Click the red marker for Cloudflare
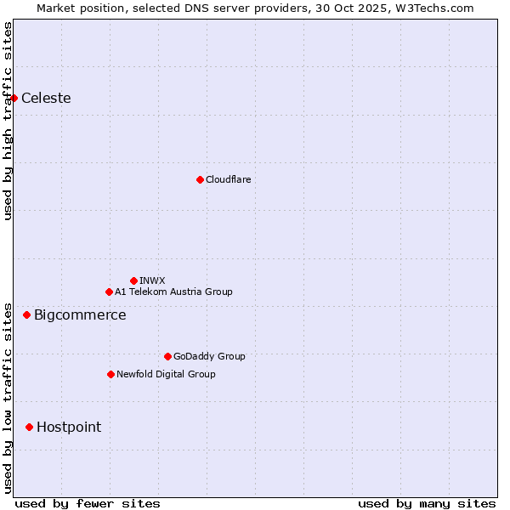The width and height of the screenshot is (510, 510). click(x=200, y=179)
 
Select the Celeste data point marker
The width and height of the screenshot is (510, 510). click(x=14, y=98)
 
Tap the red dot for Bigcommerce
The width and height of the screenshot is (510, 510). click(x=26, y=315)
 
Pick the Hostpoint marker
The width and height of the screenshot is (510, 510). click(x=29, y=427)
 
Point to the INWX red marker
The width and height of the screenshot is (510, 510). click(x=133, y=280)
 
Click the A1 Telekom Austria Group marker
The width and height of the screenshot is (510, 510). click(x=109, y=292)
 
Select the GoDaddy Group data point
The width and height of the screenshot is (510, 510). click(x=167, y=356)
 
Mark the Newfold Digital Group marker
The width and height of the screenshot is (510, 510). click(x=110, y=374)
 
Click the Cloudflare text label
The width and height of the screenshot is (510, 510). click(x=228, y=179)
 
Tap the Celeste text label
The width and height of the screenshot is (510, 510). click(x=46, y=98)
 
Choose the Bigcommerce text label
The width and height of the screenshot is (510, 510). click(x=80, y=315)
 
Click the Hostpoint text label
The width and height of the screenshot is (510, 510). click(x=69, y=427)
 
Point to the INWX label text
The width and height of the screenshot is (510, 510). click(x=152, y=280)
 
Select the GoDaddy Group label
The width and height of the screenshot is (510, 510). click(x=209, y=356)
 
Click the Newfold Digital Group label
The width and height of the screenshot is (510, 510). click(x=166, y=374)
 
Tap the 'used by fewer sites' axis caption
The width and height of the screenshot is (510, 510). click(x=88, y=503)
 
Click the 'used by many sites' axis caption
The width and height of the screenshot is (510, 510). click(x=427, y=503)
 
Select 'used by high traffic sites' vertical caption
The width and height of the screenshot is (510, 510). click(x=8, y=121)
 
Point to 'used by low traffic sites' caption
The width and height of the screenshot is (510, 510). click(x=8, y=398)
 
